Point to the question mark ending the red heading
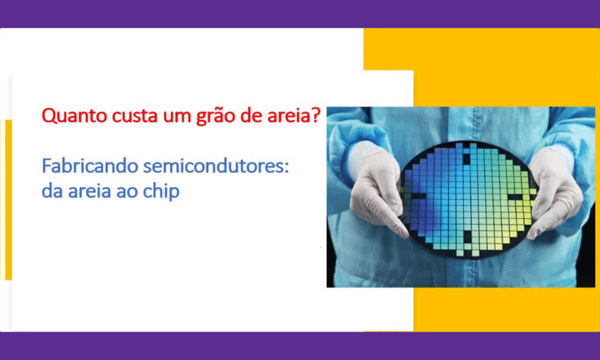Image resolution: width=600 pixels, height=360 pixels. (x=316, y=115)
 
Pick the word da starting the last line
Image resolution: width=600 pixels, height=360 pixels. (x=52, y=191)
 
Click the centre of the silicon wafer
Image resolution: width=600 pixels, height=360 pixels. (x=466, y=199)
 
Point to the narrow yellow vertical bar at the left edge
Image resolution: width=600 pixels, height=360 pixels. (x=8, y=200)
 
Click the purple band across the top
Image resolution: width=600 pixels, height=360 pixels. (x=300, y=14)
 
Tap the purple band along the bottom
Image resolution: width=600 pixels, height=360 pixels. (x=300, y=346)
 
